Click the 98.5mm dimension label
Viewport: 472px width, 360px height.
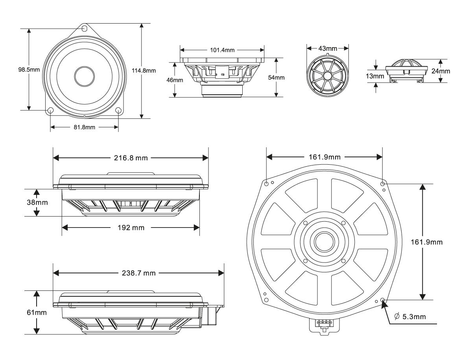tap(29, 70)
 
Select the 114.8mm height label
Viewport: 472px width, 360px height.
tap(144, 71)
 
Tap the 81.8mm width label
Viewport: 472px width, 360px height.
tap(84, 127)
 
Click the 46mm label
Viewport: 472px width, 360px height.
tap(175, 80)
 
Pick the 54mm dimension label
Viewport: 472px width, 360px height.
tap(276, 77)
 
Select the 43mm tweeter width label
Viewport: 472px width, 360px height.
tap(327, 49)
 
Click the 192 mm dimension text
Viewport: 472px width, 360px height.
tap(131, 228)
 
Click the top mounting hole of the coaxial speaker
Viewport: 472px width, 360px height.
tap(84, 29)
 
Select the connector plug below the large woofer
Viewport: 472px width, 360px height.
tap(323, 325)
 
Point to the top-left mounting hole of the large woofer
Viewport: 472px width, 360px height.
tap(267, 184)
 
